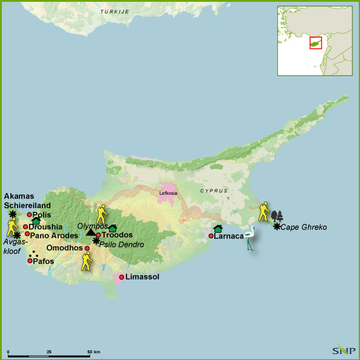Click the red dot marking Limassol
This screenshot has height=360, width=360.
click(122, 277)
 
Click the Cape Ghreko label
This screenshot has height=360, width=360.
click(305, 227)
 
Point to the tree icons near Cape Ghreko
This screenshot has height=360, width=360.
click(277, 216)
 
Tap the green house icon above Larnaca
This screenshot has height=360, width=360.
click(218, 228)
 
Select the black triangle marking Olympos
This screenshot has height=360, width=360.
click(91, 232)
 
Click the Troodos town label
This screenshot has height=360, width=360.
click(117, 235)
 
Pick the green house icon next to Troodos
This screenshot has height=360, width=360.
click(112, 227)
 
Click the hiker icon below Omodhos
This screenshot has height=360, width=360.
click(87, 261)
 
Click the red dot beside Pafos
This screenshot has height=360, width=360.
click(30, 261)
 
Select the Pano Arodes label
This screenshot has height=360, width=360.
click(54, 235)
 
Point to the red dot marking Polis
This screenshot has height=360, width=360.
click(29, 215)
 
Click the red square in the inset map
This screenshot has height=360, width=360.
click(315, 44)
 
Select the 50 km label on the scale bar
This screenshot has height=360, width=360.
click(93, 351)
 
